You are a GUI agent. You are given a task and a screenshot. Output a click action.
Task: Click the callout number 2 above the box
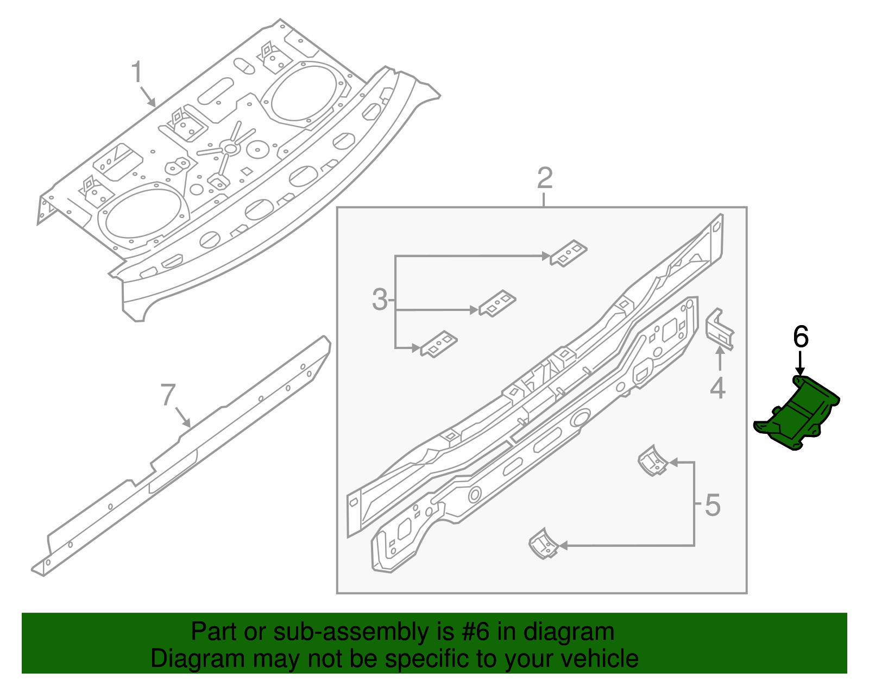[545, 178]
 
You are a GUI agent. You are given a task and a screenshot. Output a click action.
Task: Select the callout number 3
[380, 300]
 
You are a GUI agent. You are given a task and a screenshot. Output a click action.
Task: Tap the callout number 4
[717, 388]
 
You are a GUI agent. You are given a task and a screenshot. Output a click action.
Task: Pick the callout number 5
[713, 505]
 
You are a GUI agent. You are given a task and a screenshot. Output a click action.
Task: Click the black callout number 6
[801, 337]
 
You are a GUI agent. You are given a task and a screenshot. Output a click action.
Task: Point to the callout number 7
[168, 395]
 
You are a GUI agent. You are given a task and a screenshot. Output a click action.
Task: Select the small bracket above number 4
[720, 329]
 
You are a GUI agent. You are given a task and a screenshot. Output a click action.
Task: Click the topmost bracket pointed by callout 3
[569, 253]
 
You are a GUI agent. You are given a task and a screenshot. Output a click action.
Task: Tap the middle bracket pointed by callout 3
[497, 303]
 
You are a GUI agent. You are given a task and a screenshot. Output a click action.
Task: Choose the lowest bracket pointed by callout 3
[438, 344]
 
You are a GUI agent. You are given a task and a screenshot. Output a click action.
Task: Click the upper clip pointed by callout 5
[652, 461]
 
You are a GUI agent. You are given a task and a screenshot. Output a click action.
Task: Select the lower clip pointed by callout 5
[543, 544]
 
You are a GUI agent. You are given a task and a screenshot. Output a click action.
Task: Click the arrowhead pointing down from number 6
[800, 371]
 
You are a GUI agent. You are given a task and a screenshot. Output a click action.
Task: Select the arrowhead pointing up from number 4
[720, 351]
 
